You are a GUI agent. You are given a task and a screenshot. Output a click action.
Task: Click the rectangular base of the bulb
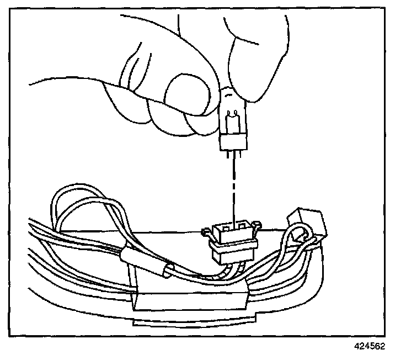tap(232, 141)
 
